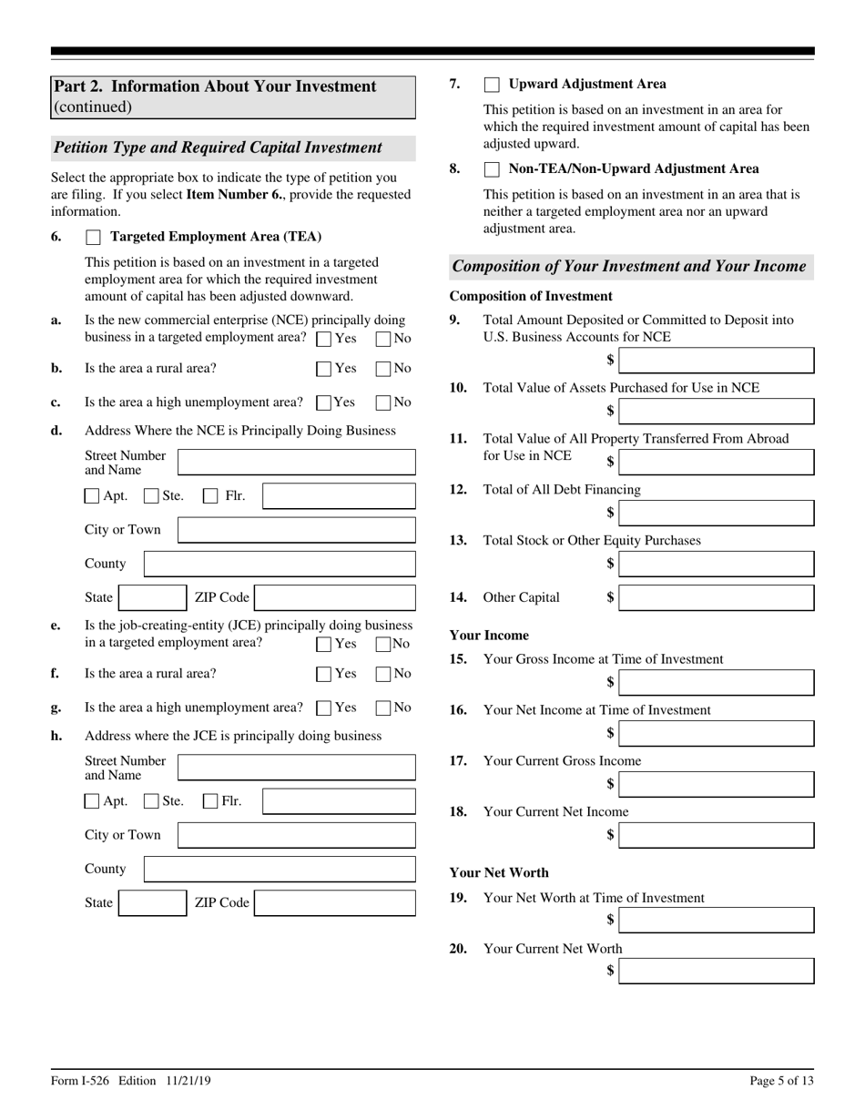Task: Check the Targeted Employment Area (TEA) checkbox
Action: (x=93, y=238)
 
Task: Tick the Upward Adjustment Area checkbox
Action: (x=492, y=85)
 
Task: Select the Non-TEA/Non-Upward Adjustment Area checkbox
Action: (x=492, y=169)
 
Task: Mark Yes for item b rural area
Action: (x=324, y=369)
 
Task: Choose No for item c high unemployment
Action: (x=383, y=402)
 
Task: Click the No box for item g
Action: (x=383, y=708)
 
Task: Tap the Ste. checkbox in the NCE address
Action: (x=152, y=496)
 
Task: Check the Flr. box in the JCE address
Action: (x=210, y=801)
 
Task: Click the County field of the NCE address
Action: (x=280, y=564)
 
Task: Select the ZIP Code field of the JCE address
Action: (x=334, y=902)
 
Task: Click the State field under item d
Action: (x=153, y=597)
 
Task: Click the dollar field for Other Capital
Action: (x=717, y=597)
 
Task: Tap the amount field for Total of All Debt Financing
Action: (x=717, y=513)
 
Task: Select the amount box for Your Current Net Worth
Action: (x=717, y=971)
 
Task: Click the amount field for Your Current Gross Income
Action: (x=717, y=784)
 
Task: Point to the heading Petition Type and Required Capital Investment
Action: (x=218, y=148)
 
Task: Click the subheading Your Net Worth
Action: (x=499, y=872)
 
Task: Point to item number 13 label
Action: (x=458, y=540)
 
